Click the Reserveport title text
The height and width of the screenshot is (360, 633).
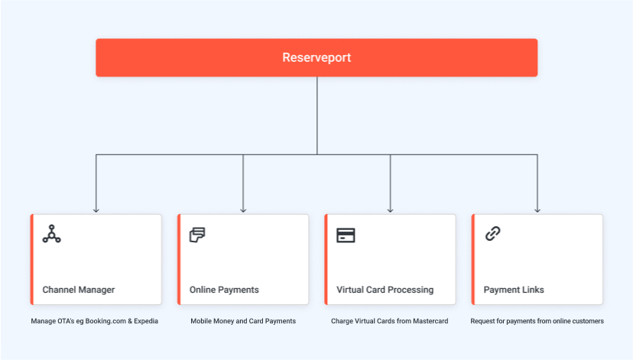pos(316,58)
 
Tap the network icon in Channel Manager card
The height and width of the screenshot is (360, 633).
pos(52,234)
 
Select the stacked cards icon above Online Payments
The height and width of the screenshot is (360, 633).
pos(197,235)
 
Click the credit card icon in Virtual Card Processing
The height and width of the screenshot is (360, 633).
pos(346,235)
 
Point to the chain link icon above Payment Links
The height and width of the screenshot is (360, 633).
pos(492,234)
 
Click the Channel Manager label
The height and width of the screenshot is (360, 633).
pos(79,290)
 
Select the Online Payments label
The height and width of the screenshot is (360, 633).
pos(224,290)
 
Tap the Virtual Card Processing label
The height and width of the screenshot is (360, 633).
pos(385,290)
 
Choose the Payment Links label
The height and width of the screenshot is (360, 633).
pos(514,290)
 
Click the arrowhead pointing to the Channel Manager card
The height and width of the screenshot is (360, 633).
pos(96,210)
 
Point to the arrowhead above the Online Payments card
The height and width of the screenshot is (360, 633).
pos(243,210)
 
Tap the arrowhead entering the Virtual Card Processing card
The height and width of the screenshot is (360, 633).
pos(390,210)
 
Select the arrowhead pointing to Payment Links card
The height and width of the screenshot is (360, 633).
pos(537,210)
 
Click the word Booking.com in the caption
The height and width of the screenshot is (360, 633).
pos(105,321)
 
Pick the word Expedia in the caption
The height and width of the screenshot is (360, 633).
pos(146,321)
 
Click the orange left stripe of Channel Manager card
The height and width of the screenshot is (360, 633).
pos(32,260)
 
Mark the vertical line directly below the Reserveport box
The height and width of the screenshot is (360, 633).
pos(317,116)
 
